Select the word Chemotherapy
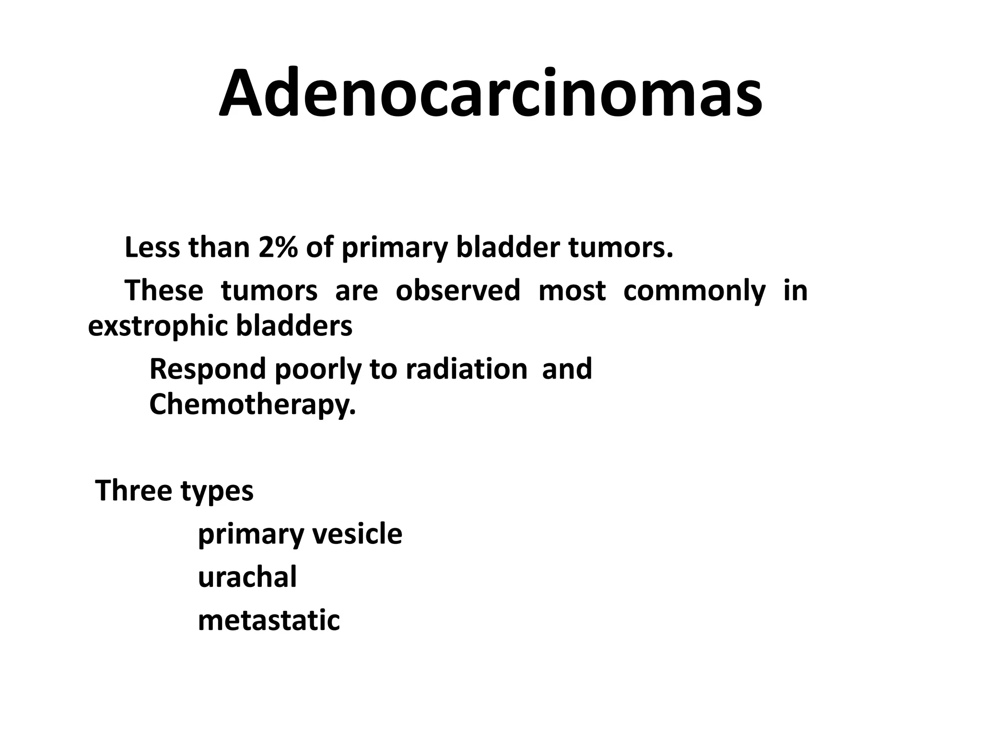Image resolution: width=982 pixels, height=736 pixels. tap(253, 405)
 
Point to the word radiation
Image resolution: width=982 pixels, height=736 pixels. tap(466, 369)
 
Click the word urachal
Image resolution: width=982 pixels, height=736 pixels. tap(247, 576)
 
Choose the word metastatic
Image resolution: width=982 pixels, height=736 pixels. tap(269, 620)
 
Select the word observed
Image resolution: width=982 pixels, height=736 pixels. tap(458, 290)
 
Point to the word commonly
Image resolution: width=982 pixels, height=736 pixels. tap(694, 291)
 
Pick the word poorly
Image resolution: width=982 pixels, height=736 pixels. tap(317, 369)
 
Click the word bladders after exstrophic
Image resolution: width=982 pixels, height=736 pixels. tap(294, 326)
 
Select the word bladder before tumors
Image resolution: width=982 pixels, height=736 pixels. tap(507, 248)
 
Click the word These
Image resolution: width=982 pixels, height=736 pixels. tap(164, 290)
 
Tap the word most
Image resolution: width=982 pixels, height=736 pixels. tap(572, 291)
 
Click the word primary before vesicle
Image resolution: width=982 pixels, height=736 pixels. tap(249, 534)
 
